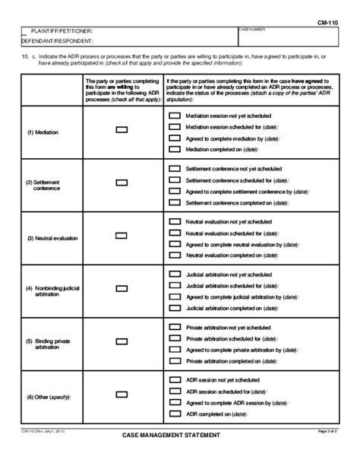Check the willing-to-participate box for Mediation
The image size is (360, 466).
(x=122, y=131)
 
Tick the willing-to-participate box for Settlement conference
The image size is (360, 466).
(x=122, y=183)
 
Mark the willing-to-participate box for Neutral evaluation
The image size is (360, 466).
(x=122, y=236)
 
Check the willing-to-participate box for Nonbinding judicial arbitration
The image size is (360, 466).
(x=122, y=289)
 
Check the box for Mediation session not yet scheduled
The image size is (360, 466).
(x=174, y=114)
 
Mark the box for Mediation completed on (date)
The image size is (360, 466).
(x=174, y=150)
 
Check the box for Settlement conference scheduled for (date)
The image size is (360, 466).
(x=174, y=179)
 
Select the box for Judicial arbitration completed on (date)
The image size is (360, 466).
(x=174, y=308)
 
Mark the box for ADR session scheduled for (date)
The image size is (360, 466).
(x=174, y=390)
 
